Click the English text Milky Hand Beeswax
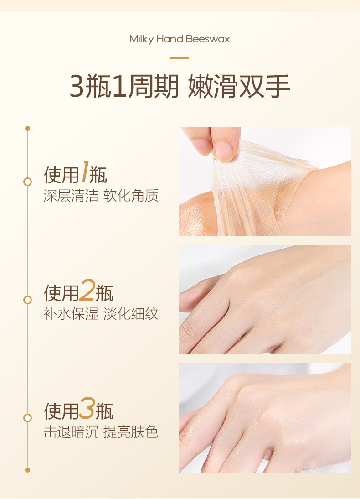180,39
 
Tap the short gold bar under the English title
180,58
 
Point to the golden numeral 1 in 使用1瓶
85,172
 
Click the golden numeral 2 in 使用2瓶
87,290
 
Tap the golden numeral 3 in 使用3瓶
87,408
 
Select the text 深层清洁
71,196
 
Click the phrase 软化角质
131,196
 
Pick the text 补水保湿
71,314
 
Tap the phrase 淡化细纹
131,314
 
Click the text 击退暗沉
71,432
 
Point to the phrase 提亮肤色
131,432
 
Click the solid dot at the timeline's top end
28,128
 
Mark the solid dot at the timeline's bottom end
28,470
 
